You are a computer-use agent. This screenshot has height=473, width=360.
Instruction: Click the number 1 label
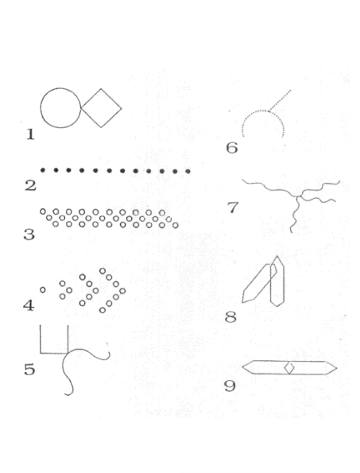[x=30, y=134]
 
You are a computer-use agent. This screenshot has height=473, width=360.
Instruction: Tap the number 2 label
[x=30, y=185]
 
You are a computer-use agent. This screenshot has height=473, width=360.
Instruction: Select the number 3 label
[x=29, y=235]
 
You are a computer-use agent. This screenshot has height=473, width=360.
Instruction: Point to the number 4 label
[x=29, y=305]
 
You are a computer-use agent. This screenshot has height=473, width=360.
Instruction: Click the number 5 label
[x=29, y=369]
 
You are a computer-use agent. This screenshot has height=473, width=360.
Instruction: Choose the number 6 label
[x=232, y=148]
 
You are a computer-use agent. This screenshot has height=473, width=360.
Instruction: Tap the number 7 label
[x=233, y=207]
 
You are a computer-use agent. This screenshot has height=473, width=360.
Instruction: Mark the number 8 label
[x=230, y=317]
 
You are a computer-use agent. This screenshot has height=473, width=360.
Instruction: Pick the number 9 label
[x=230, y=386]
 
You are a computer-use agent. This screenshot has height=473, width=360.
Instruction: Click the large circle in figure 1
[x=41, y=107]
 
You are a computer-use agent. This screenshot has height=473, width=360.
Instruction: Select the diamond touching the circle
[x=101, y=89]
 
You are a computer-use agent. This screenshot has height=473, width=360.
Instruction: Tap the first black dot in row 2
[x=43, y=170]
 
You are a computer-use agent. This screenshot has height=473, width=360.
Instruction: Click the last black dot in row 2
[x=188, y=172]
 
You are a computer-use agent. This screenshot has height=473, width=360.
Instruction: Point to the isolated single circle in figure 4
[x=43, y=290]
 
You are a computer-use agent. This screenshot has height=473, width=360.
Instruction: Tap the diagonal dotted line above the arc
[x=280, y=100]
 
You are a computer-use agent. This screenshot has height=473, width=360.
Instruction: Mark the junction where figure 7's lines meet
[x=298, y=196]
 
